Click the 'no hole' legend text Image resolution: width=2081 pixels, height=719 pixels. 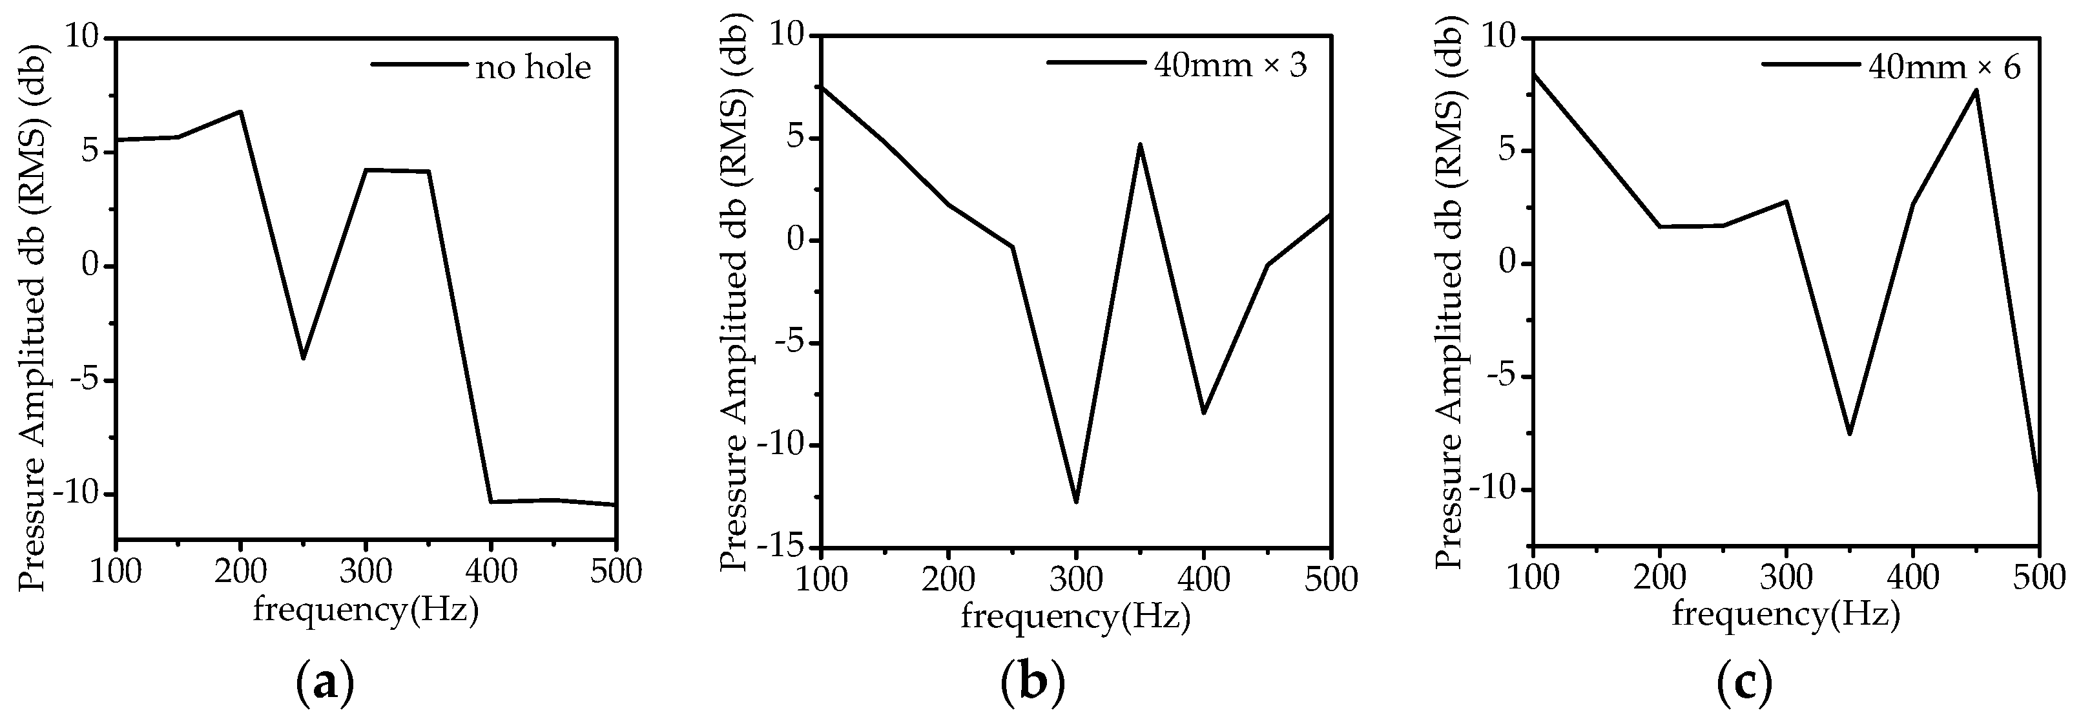pyautogui.click(x=533, y=68)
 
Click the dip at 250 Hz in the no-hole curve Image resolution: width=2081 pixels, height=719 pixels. pyautogui.click(x=303, y=358)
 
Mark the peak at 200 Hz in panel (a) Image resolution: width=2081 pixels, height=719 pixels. pyautogui.click(x=241, y=112)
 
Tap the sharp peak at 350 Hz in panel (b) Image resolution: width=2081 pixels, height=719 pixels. pyautogui.click(x=1140, y=145)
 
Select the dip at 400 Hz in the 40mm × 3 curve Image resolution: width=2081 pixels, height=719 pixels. pyautogui.click(x=1204, y=413)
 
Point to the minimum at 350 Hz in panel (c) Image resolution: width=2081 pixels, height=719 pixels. pyautogui.click(x=1849, y=434)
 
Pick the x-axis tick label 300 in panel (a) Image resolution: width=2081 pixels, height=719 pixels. pyautogui.click(x=366, y=572)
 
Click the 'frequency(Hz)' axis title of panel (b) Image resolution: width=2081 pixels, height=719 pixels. pyautogui.click(x=1075, y=618)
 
